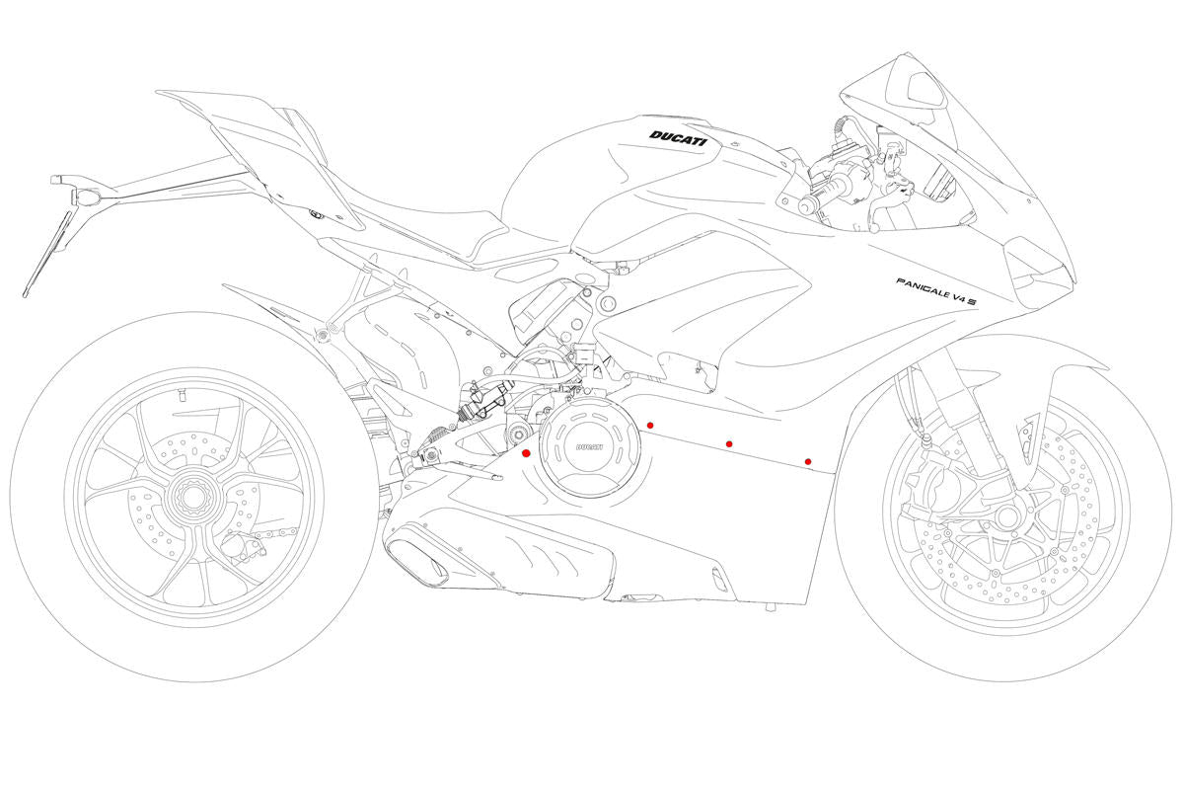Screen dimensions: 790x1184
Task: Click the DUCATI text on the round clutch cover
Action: [590, 447]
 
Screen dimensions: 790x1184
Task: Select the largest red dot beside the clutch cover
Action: [526, 453]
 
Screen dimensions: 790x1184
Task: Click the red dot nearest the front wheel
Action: [808, 461]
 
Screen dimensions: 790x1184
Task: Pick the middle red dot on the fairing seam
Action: [729, 444]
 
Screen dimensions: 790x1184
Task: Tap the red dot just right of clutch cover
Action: [649, 425]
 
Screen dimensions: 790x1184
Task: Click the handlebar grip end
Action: [807, 206]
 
